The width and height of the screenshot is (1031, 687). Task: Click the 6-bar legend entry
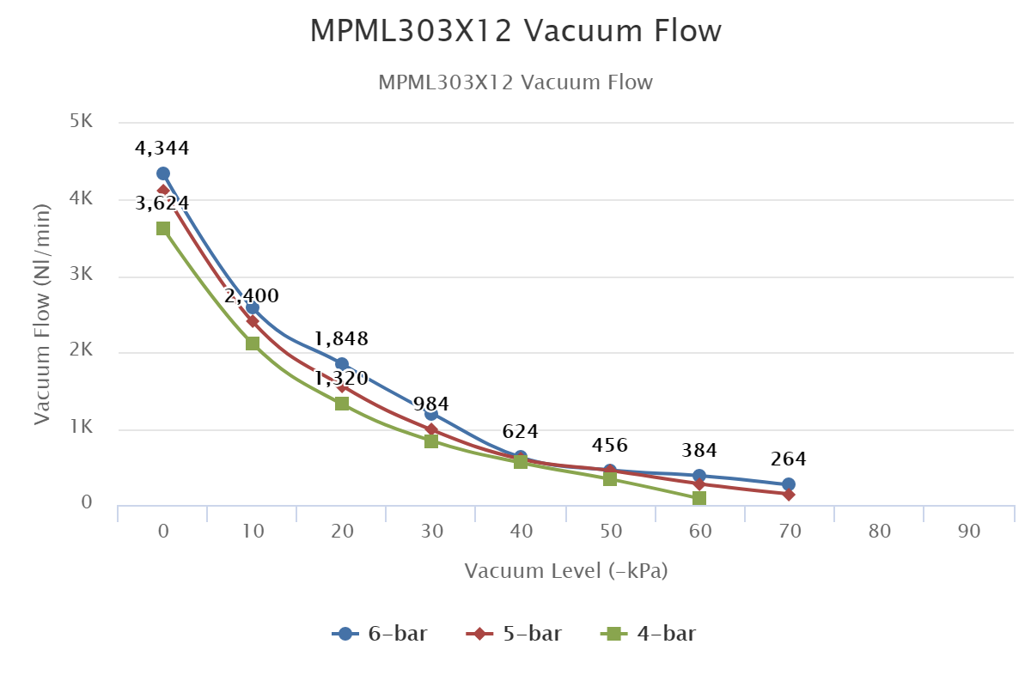point(379,634)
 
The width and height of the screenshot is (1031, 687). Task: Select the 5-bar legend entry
point(513,634)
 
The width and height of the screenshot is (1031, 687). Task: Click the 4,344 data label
point(162,149)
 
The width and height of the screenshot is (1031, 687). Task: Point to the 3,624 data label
point(162,204)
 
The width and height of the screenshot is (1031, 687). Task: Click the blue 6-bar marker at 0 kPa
point(163,173)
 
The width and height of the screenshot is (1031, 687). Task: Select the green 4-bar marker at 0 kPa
point(163,228)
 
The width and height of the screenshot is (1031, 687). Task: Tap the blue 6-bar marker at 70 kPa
point(789,484)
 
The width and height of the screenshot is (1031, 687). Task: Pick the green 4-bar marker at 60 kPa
point(699,498)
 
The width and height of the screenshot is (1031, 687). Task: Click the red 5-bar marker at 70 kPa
point(789,494)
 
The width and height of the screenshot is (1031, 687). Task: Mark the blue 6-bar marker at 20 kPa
point(342,364)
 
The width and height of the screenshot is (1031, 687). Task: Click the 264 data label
point(789,459)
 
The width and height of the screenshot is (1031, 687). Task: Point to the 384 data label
point(699,450)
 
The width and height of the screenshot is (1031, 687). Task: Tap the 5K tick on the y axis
point(82,121)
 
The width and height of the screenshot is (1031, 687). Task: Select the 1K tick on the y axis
point(82,428)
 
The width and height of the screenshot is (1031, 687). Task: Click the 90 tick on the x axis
point(969,532)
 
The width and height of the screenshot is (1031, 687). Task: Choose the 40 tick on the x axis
point(521,532)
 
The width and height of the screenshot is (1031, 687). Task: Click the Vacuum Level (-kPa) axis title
point(566,571)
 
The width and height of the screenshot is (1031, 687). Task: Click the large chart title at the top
point(515,32)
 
